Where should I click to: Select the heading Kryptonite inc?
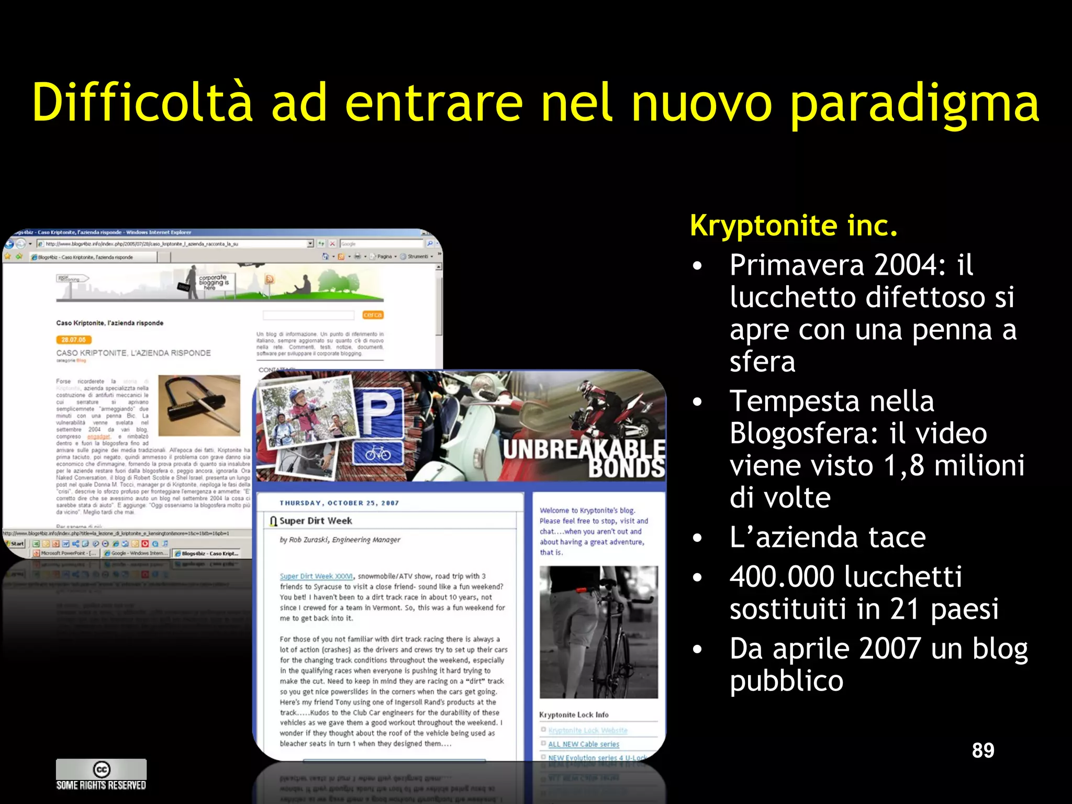794,225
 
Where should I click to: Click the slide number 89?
983,750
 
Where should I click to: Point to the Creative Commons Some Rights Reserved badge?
101,774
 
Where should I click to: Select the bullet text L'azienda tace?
828,537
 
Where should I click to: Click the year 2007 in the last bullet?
890,649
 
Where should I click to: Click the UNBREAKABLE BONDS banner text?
584,458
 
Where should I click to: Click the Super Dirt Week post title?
315,521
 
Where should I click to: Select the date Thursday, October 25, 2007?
339,503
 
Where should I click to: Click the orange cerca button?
373,315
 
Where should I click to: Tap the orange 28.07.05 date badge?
74,340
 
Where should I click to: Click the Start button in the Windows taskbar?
15,543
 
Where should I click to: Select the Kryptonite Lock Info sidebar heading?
574,714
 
